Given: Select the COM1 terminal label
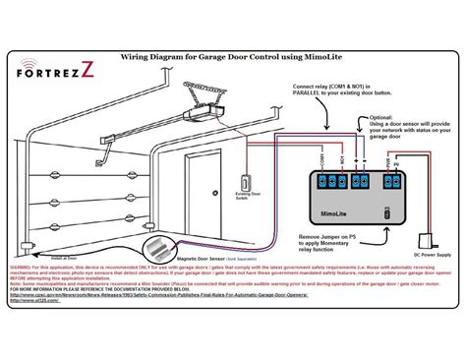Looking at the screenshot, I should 321,158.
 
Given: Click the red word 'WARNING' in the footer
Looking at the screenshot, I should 19,267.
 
